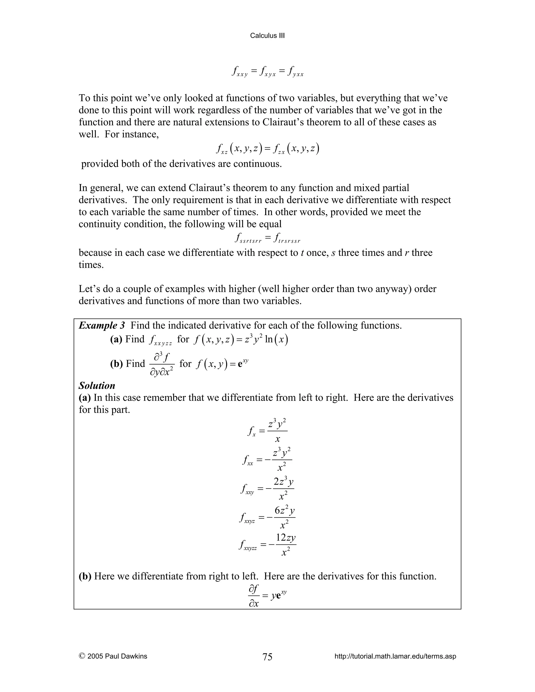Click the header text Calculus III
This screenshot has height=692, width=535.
point(267,36)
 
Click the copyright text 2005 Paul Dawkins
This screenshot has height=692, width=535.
point(117,656)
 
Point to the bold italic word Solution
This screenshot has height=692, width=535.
point(97,386)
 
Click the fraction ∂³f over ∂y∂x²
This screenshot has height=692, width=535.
point(162,364)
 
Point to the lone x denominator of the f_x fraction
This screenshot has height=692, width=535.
point(278,439)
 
